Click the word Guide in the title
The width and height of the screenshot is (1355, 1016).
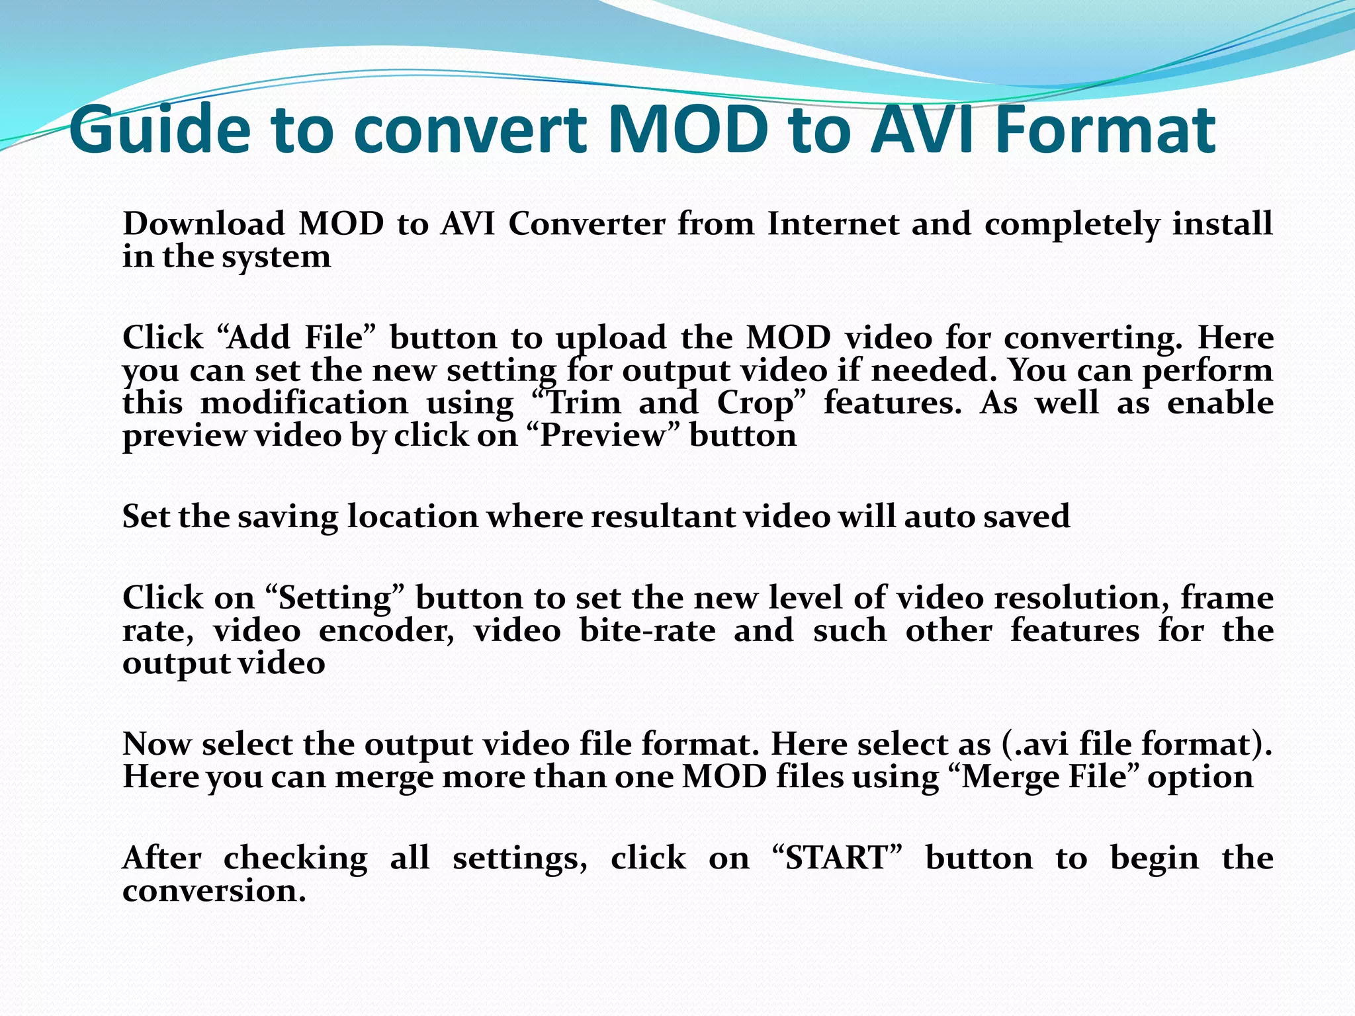point(159,130)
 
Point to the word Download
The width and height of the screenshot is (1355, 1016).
point(203,224)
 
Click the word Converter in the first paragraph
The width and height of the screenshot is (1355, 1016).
point(587,224)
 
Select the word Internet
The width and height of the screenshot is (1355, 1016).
point(832,224)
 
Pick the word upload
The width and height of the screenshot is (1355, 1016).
point(611,339)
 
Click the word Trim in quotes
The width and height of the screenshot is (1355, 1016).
point(583,403)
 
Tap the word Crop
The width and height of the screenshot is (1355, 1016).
point(755,404)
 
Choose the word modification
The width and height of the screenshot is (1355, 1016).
point(304,403)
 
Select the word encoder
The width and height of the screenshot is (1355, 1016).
point(386,630)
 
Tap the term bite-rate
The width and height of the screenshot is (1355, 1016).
point(648,630)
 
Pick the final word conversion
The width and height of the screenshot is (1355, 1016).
point(214,891)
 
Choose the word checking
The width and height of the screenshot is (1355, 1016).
point(295,858)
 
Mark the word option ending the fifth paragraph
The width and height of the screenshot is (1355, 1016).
point(1200,777)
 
